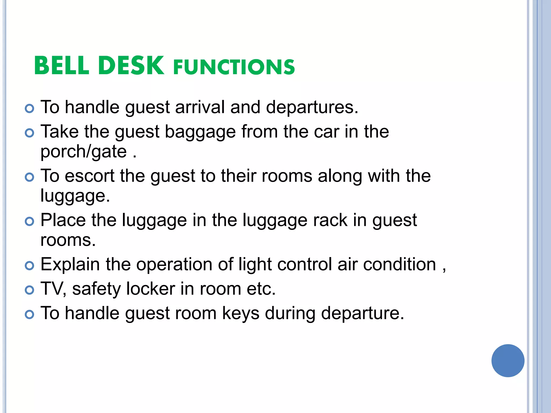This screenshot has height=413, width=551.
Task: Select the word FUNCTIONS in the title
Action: (234, 67)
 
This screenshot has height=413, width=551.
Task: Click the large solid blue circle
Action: (508, 361)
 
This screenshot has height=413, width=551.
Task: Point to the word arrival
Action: (200, 107)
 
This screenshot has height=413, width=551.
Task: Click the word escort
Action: (90, 176)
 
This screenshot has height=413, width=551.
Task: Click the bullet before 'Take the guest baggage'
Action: (29, 133)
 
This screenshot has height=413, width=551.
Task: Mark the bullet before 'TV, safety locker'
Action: (29, 290)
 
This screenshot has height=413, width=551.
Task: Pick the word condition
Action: (400, 264)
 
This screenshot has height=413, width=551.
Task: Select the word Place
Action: (63, 220)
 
